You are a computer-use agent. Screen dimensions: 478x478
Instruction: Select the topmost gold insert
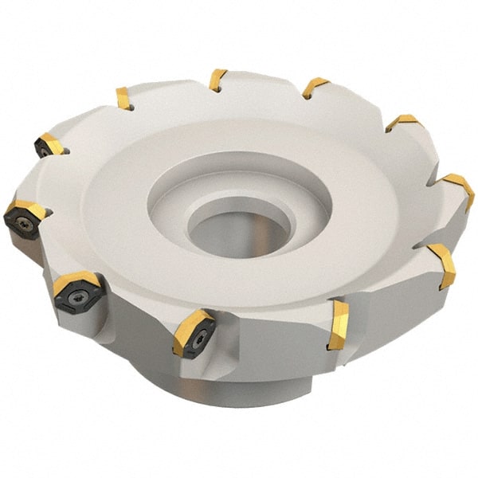point(217,80)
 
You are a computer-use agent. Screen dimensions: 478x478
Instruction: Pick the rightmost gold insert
point(459,190)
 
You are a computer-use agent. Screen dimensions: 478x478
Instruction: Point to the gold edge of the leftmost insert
point(29,209)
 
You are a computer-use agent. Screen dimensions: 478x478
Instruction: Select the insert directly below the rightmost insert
point(443,265)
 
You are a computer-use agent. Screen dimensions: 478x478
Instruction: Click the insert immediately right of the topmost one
point(314,87)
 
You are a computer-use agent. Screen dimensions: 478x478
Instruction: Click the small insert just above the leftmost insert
point(49,145)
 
